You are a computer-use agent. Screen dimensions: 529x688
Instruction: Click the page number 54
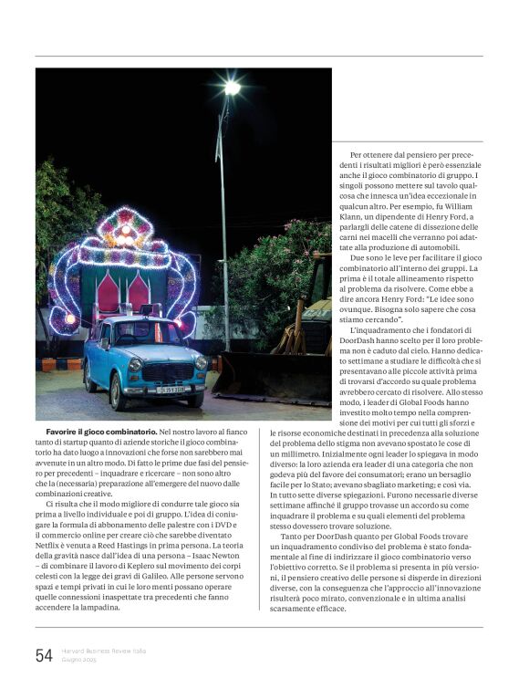(x=44, y=655)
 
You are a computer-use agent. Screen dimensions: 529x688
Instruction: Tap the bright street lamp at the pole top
(x=232, y=88)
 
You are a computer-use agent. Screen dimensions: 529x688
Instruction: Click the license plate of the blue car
(x=170, y=389)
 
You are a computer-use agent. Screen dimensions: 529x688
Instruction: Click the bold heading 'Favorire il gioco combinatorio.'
(x=101, y=431)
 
